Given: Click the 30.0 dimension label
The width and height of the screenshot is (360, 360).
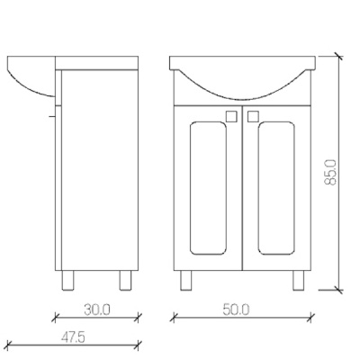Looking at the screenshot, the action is pyautogui.click(x=97, y=310).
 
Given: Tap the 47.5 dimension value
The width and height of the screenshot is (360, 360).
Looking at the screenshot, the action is pyautogui.click(x=73, y=337).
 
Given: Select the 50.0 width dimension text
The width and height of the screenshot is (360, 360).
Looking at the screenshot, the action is pyautogui.click(x=236, y=310).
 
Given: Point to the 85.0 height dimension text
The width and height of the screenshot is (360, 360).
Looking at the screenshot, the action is pyautogui.click(x=330, y=173).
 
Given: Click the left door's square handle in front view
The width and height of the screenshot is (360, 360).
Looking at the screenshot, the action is pyautogui.click(x=231, y=116).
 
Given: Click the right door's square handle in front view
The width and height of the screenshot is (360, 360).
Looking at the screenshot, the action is pyautogui.click(x=253, y=116).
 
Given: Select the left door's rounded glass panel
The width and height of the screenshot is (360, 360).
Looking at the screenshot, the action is pyautogui.click(x=208, y=188).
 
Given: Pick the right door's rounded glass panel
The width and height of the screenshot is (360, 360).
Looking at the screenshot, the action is pyautogui.click(x=276, y=188).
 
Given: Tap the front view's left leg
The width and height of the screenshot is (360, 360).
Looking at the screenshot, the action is pyautogui.click(x=186, y=280).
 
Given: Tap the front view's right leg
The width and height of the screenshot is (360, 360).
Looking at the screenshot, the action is pyautogui.click(x=299, y=280).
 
